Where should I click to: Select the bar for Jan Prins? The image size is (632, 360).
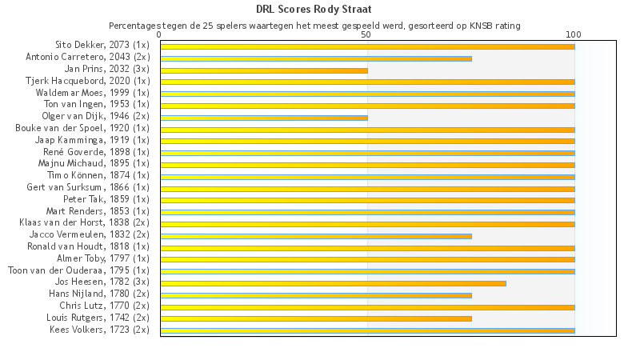[x=264, y=70]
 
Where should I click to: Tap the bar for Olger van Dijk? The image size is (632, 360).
[x=264, y=118]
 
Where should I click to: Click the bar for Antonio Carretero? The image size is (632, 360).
[x=316, y=58]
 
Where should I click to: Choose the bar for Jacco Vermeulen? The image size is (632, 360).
[x=316, y=236]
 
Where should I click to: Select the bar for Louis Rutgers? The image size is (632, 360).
[x=316, y=318]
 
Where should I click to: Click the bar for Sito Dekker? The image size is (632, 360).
[x=367, y=46]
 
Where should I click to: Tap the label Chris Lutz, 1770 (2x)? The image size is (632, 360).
[x=104, y=306]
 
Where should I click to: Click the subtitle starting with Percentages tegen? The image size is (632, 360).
[x=315, y=26]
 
